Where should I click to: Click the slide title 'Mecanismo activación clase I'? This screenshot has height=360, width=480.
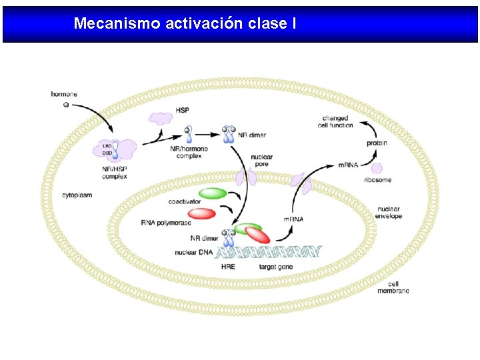tap(185, 24)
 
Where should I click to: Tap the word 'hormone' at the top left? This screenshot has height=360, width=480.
tap(64, 94)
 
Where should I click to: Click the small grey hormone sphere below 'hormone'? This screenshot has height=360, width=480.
tap(65, 105)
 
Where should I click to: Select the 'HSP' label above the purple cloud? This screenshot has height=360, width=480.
tap(181, 110)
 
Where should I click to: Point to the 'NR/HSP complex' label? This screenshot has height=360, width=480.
tap(115, 173)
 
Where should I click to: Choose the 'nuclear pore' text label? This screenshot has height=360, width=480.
tap(261, 161)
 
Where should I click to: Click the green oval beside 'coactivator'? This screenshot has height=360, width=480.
tap(213, 193)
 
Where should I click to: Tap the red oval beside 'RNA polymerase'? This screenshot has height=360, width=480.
tap(201, 213)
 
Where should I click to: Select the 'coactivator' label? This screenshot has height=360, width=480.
tap(185, 201)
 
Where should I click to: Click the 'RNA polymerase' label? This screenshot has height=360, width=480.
tap(166, 223)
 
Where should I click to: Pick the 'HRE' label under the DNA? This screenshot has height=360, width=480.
tap(228, 267)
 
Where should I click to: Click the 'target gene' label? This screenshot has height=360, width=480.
tap(275, 267)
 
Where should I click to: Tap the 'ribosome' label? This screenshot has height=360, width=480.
tap(377, 180)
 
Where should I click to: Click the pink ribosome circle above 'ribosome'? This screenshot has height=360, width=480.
tap(377, 169)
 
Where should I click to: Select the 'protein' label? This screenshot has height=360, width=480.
tap(377, 143)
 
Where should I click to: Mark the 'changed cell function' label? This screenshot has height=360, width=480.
tap(335, 121)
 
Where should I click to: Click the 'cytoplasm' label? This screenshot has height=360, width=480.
tap(77, 195)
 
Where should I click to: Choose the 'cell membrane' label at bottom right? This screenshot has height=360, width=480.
tap(393, 287)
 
